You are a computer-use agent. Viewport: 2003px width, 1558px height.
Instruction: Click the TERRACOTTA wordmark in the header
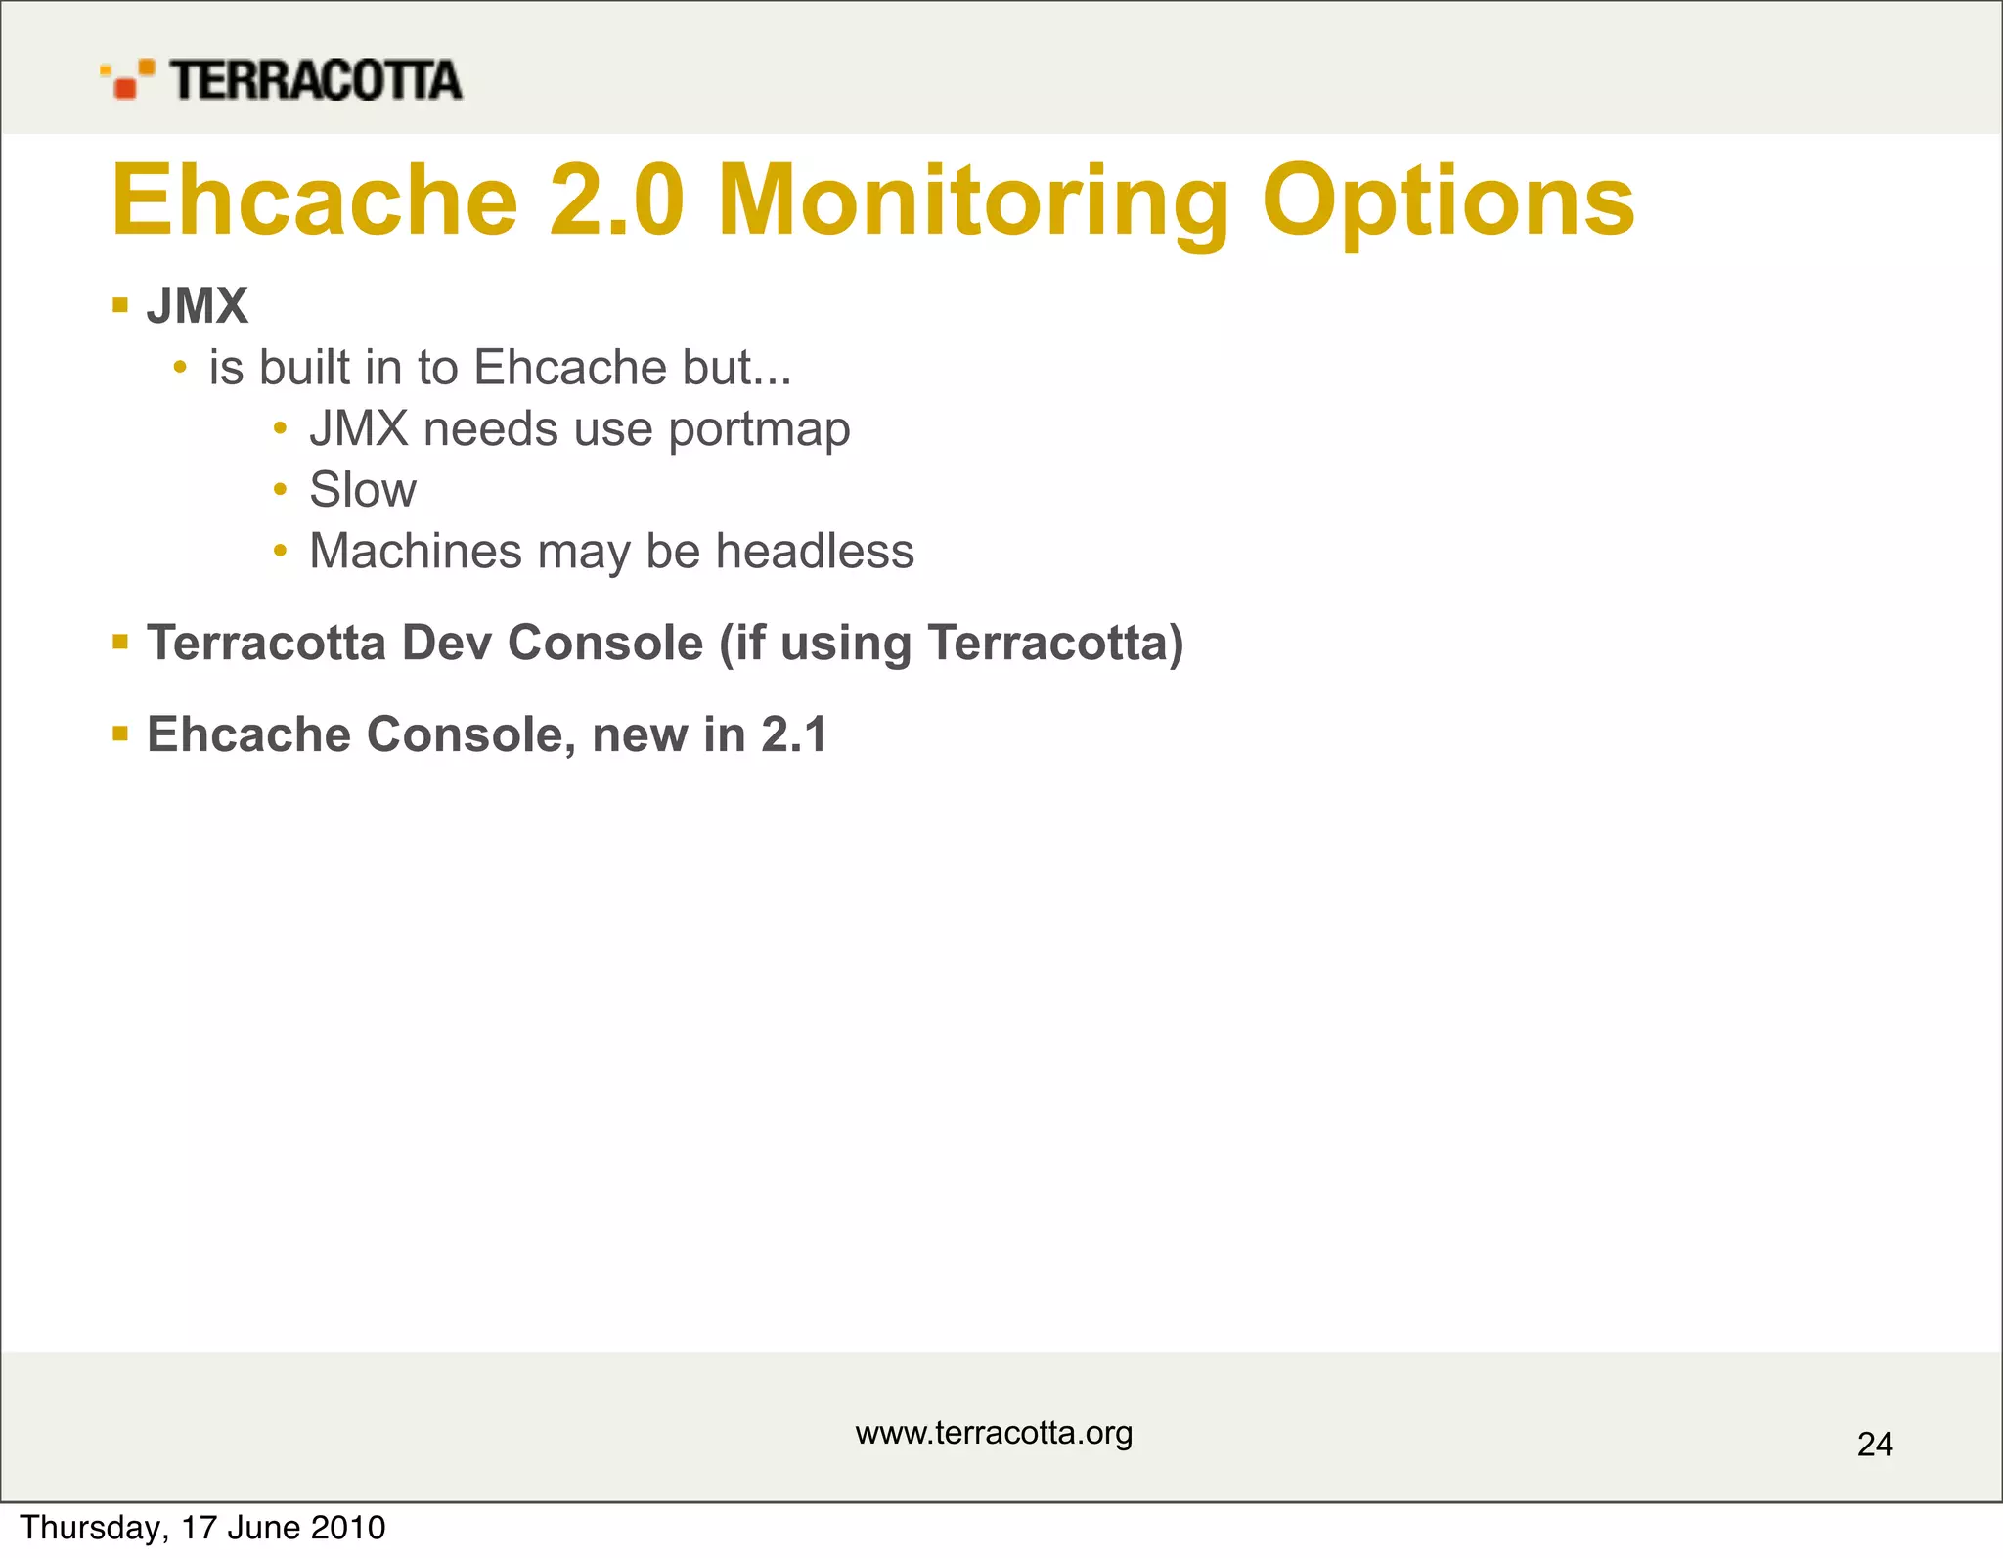pyautogui.click(x=316, y=80)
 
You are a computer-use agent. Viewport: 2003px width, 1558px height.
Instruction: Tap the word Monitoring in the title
pyautogui.click(x=972, y=201)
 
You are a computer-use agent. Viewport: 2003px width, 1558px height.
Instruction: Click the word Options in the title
pyautogui.click(x=1447, y=201)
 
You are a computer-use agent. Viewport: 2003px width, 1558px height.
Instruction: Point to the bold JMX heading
pyautogui.click(x=197, y=306)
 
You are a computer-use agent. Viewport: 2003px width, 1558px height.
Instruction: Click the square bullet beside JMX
pyautogui.click(x=120, y=305)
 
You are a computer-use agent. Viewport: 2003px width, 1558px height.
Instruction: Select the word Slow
pyautogui.click(x=362, y=490)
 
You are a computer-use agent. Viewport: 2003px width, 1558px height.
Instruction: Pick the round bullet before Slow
pyautogui.click(x=281, y=489)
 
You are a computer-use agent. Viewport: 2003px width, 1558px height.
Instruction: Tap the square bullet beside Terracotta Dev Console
pyautogui.click(x=120, y=643)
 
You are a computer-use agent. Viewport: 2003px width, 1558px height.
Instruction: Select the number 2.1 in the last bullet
pyautogui.click(x=794, y=734)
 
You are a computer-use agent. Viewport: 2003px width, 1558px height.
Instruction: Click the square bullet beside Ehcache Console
pyautogui.click(x=120, y=734)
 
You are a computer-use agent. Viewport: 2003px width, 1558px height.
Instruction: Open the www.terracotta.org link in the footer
pyautogui.click(x=994, y=1433)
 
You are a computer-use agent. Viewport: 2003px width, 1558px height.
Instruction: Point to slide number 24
pyautogui.click(x=1874, y=1445)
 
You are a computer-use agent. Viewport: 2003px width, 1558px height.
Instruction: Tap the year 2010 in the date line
pyautogui.click(x=348, y=1528)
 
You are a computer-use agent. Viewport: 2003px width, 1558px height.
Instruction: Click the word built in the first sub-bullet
pyautogui.click(x=304, y=369)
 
